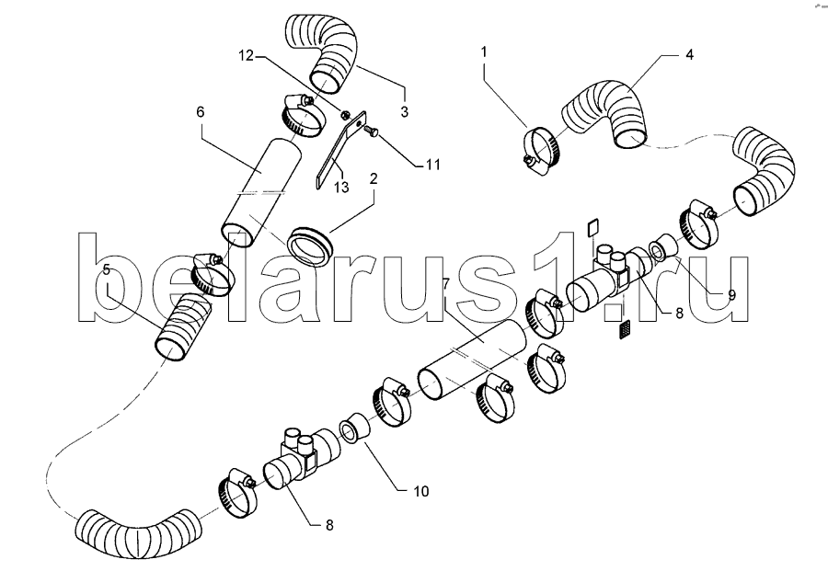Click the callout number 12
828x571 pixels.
(x=246, y=55)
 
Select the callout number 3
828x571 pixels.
(x=405, y=112)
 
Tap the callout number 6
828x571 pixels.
(x=200, y=112)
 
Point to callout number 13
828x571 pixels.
(x=341, y=187)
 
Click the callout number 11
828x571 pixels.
(x=433, y=165)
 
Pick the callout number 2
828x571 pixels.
(x=374, y=178)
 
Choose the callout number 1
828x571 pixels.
(x=484, y=51)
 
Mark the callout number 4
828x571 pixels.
(x=689, y=54)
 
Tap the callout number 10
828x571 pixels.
(x=420, y=491)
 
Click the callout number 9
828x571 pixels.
(x=732, y=295)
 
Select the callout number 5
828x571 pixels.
(x=107, y=270)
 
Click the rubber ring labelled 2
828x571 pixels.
(x=311, y=246)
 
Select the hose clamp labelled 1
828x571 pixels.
(x=542, y=151)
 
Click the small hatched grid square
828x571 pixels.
(x=625, y=330)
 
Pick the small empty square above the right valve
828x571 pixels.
(x=593, y=228)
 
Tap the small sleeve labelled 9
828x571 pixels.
(x=663, y=247)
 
